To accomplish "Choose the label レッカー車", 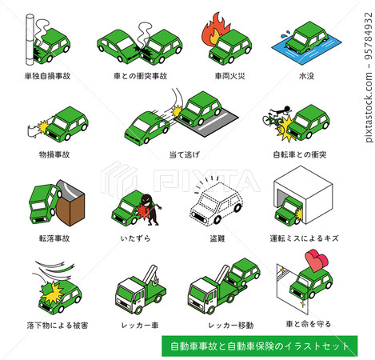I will click(x=134, y=324).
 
